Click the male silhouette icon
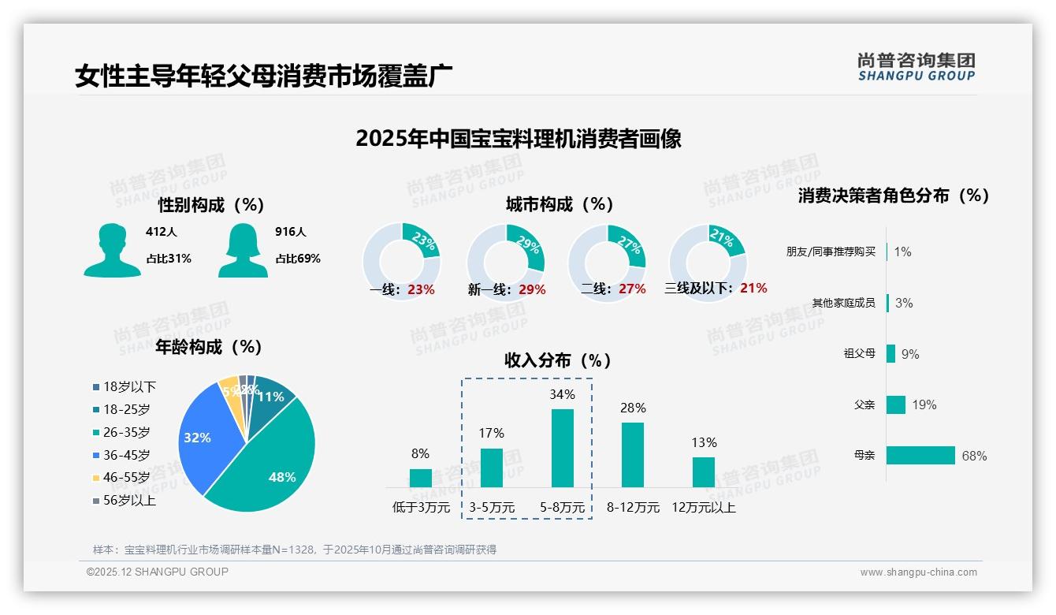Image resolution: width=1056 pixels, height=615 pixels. coord(112,250)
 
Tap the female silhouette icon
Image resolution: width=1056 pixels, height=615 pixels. coord(243,250)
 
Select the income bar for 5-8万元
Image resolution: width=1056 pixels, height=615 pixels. coord(562,448)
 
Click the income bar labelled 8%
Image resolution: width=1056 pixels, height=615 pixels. coord(421,478)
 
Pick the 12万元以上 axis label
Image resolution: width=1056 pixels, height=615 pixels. coord(703,508)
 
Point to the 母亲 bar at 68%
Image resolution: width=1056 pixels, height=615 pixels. coord(920,455)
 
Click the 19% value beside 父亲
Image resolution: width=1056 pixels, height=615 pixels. coord(924,404)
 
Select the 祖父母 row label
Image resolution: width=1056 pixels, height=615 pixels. coord(859,353)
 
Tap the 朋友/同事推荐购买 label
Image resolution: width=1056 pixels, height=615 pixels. coord(831,252)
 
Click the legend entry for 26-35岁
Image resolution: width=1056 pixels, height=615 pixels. coord(126,432)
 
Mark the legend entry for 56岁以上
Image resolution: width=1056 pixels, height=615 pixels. coord(129,500)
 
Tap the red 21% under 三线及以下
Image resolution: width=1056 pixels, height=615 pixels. coord(753,288)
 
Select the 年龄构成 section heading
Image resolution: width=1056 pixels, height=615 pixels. coord(208,346)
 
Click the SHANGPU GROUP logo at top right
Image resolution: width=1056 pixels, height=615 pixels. coord(916,66)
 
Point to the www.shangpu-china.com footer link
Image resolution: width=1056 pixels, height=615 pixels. coord(918,572)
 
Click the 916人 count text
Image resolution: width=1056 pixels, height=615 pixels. coord(290,232)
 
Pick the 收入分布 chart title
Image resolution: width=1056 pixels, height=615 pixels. coord(558,360)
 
